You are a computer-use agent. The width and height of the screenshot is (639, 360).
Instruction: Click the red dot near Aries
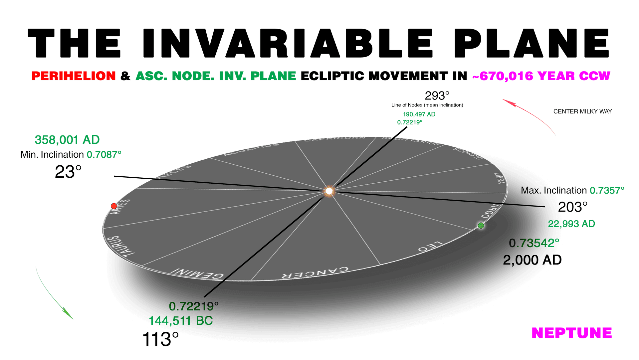point(114,206)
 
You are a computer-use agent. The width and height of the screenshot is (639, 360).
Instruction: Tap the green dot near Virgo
point(481,226)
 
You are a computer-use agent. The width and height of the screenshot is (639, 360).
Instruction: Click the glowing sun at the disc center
point(329,191)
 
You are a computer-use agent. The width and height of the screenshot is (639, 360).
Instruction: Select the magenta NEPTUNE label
point(572,333)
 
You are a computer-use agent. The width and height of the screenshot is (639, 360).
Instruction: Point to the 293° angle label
point(437,96)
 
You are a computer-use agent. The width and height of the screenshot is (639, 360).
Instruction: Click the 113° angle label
point(160,339)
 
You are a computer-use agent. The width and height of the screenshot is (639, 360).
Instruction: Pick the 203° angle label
point(572,207)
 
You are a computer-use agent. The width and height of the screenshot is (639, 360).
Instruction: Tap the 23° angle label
point(68,172)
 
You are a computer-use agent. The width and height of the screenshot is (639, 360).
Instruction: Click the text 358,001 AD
point(67,140)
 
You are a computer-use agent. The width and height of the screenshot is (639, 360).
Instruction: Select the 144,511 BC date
point(181,321)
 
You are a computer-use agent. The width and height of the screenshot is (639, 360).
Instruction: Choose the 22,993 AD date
point(571,224)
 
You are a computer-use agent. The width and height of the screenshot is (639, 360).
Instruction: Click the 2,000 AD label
point(532,260)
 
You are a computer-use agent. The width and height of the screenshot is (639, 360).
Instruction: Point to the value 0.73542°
point(534,243)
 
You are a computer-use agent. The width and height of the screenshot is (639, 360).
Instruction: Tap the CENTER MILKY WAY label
point(582,111)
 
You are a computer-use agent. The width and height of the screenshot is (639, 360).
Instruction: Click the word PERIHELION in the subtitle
point(74,76)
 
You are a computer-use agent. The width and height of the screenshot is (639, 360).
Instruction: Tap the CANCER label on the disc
point(315,272)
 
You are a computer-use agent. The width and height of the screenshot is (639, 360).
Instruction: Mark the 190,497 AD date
point(419,114)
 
